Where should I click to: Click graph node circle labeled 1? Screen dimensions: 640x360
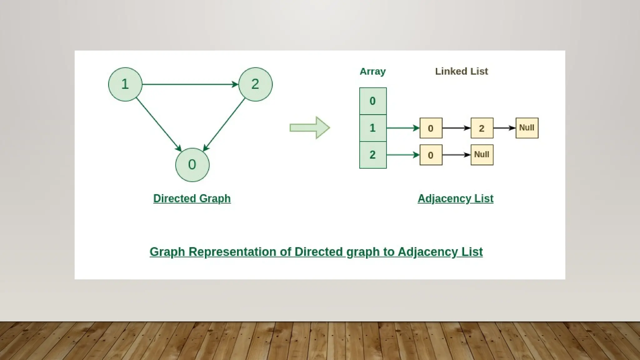(125, 84)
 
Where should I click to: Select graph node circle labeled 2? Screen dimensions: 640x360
(255, 84)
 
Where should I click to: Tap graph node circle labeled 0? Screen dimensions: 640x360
(192, 165)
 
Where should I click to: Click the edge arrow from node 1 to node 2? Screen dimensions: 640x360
(190, 84)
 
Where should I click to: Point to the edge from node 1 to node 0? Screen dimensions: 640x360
(158, 124)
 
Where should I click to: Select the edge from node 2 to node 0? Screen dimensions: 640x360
(224, 124)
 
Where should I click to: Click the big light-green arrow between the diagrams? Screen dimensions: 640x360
(309, 127)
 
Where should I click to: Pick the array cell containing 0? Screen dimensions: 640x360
(373, 101)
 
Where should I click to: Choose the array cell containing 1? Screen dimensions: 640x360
(373, 128)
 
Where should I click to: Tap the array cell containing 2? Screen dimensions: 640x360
(373, 155)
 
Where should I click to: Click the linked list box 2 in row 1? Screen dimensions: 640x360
(482, 128)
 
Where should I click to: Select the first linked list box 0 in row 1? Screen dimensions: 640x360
(431, 128)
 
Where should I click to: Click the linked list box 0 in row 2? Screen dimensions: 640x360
(431, 155)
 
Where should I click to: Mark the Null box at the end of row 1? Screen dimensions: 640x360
(527, 128)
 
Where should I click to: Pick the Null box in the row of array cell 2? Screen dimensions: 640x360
(482, 155)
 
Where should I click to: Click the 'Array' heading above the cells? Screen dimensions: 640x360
(372, 72)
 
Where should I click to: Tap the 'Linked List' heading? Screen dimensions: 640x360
(461, 71)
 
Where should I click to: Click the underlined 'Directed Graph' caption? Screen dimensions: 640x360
(192, 198)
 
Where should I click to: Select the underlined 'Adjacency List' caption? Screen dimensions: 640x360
(455, 198)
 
